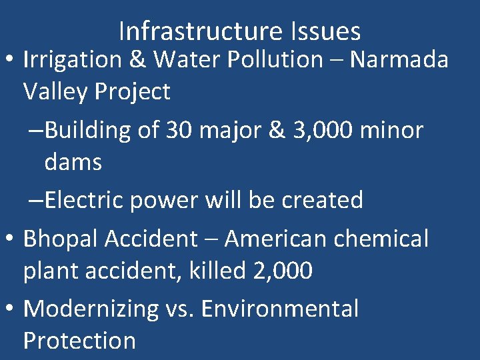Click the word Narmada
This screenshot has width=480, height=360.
[399, 60]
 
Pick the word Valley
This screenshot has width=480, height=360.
[56, 91]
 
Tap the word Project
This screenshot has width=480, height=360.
[133, 91]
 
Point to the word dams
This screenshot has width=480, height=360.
[73, 161]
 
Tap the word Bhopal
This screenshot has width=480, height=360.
[61, 239]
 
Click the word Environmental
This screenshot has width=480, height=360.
[280, 309]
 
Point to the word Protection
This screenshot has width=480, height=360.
[79, 341]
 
